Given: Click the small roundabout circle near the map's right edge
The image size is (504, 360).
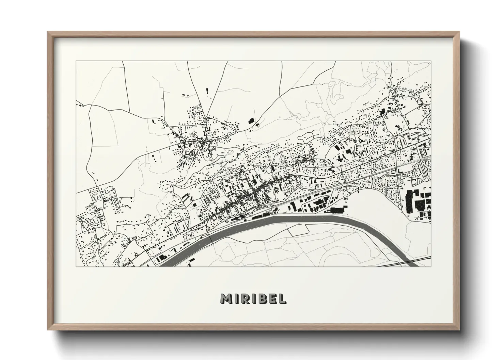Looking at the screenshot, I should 426,179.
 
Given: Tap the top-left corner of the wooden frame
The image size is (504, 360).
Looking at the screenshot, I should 48,33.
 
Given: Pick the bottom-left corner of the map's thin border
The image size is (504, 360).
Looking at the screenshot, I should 76,266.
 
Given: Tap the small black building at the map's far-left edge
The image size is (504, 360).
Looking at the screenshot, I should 81,105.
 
